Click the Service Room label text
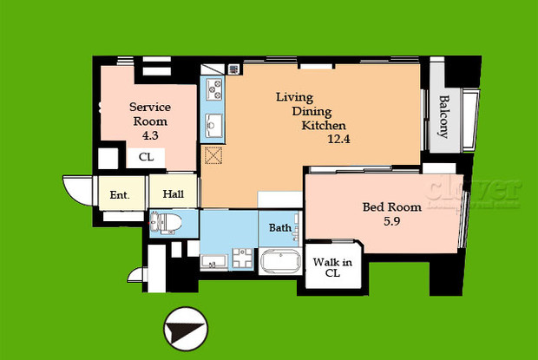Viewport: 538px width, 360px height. (150, 114)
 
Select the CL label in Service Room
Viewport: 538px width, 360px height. (146, 158)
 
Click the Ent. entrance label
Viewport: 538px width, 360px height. (119, 195)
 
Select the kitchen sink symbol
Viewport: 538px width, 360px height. (213, 127)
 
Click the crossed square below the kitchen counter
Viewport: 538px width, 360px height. (213, 156)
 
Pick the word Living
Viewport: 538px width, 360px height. (295, 97)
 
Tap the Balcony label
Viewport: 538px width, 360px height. (443, 116)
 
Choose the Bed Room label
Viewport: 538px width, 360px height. (392, 207)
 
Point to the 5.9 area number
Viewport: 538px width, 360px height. (390, 222)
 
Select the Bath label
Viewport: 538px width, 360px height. (279, 228)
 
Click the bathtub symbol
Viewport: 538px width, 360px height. (279, 263)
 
